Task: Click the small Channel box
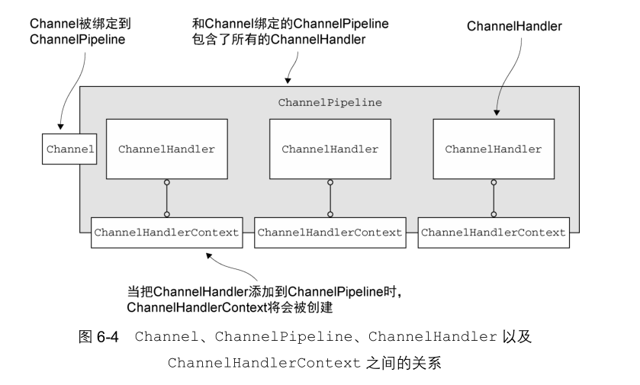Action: (x=69, y=149)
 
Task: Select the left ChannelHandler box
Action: (x=166, y=149)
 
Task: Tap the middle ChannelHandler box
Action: (x=330, y=149)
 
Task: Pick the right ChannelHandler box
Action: (x=493, y=149)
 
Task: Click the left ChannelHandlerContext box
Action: (x=166, y=232)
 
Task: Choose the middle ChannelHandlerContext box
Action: (x=330, y=232)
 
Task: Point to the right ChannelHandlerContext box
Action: (x=494, y=232)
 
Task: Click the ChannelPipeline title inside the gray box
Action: (x=330, y=101)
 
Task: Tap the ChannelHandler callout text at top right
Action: (x=514, y=27)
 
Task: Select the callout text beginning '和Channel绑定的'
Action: (x=290, y=31)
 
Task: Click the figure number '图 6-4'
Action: (x=95, y=337)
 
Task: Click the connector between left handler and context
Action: (x=166, y=198)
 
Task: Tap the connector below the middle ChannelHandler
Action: (x=330, y=198)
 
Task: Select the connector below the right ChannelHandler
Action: (x=493, y=198)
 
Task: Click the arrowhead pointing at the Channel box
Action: (x=61, y=130)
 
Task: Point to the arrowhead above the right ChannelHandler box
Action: (x=497, y=114)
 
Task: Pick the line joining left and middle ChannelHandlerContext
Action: (x=248, y=232)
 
